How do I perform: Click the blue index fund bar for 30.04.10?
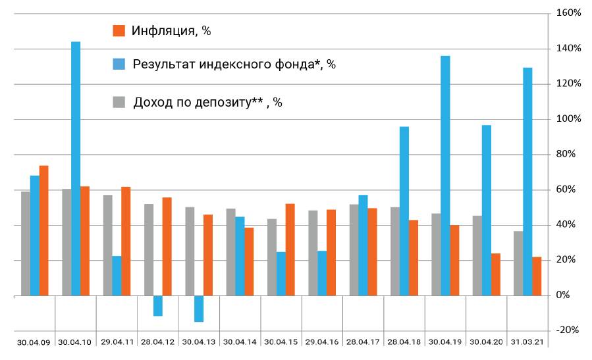coord(76,168)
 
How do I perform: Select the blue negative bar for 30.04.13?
coord(199,309)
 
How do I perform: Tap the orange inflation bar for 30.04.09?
coord(44,230)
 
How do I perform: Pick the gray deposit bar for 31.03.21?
coord(518,263)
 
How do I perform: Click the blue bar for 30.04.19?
coord(445,176)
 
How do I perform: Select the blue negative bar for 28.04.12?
coord(158,306)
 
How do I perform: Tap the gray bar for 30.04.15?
coord(272,257)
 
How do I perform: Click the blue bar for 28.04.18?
coord(404,211)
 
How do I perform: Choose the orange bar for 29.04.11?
coord(126,242)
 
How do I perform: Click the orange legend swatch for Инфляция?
coord(119,30)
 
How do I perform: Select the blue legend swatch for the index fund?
coord(119,64)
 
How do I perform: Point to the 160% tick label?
coord(568,13)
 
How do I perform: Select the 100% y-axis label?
coord(568,119)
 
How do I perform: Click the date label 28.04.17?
coord(363,342)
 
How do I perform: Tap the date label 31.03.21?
coord(527,342)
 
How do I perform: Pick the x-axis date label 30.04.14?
coord(240,342)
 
